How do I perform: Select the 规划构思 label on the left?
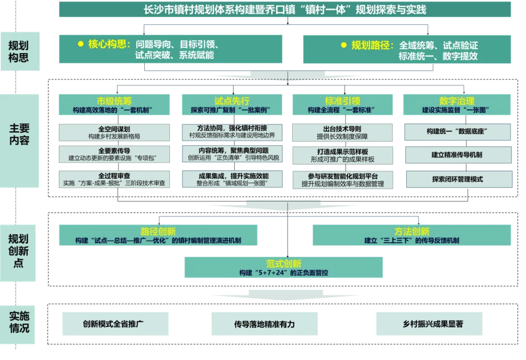[x=19, y=52]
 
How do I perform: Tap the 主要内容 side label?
[x=19, y=134]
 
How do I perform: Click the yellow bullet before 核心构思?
[x=81, y=44]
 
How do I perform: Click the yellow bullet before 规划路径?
[x=343, y=45]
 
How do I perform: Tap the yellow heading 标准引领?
[x=342, y=101]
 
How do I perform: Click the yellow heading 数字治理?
[x=457, y=101]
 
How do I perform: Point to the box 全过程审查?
[x=114, y=179]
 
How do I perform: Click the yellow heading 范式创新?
[x=284, y=264]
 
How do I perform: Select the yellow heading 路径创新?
[x=158, y=231]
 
